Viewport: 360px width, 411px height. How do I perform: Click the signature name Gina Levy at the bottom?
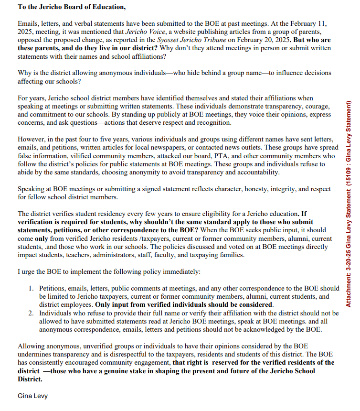point(32,396)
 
